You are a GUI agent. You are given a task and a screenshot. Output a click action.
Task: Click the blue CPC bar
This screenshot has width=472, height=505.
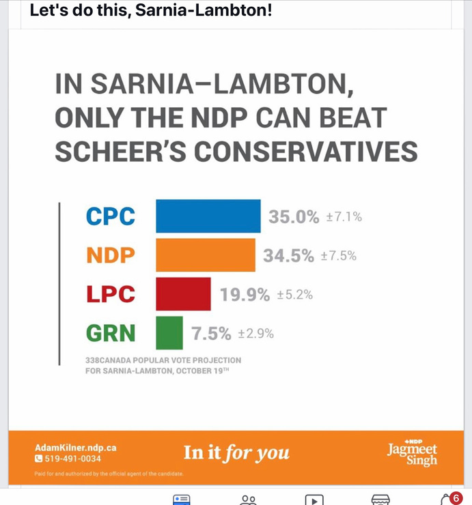pos(208,216)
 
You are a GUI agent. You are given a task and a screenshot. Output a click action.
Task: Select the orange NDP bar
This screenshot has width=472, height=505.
pos(205,255)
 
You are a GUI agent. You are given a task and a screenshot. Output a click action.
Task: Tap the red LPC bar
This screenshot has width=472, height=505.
pos(183,294)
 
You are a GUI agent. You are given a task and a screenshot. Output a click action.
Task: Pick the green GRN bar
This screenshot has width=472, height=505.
pos(169,333)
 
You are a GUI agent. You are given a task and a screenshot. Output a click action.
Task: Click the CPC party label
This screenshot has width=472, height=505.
pos(111,216)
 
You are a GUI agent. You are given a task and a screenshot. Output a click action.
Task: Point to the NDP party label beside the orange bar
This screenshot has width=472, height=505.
pos(111,255)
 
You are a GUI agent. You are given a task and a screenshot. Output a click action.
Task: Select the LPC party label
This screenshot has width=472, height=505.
pos(111,294)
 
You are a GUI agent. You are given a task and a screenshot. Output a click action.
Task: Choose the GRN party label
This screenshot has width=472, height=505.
pos(111,334)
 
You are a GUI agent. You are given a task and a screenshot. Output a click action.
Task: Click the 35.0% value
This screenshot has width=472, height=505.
pos(294,217)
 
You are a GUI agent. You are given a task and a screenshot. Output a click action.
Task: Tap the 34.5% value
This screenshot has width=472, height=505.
pos(288,256)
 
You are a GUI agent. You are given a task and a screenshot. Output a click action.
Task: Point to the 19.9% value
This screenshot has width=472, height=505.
pos(245,295)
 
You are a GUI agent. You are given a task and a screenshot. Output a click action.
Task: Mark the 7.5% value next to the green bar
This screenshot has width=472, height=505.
pos(211,334)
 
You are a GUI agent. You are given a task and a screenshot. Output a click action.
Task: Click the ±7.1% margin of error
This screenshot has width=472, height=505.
pos(344,218)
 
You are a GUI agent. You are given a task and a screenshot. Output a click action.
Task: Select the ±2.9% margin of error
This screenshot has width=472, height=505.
pos(255,334)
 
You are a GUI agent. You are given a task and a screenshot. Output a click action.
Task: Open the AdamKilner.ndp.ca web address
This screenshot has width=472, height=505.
pos(75,448)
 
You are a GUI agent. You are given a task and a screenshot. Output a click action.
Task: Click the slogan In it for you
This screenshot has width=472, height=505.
pos(236,452)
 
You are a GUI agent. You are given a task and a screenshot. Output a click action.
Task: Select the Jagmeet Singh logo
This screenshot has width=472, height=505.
pos(412,453)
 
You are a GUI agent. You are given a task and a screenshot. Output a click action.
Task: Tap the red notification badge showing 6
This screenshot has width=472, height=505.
pos(456,498)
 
